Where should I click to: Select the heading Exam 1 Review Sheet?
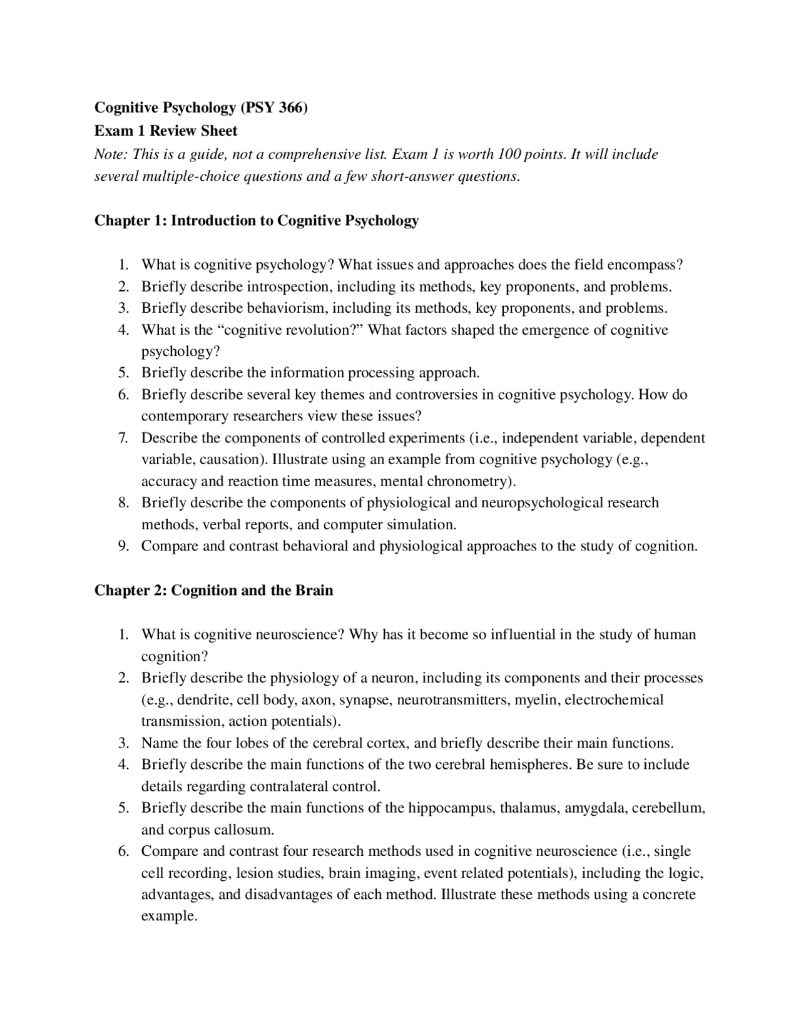click(166, 131)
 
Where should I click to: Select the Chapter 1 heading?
click(257, 220)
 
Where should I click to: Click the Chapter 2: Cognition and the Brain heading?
click(213, 590)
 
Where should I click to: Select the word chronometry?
click(469, 481)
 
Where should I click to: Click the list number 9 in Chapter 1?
click(124, 546)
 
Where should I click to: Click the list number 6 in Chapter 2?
click(124, 851)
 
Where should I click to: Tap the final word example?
click(169, 916)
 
